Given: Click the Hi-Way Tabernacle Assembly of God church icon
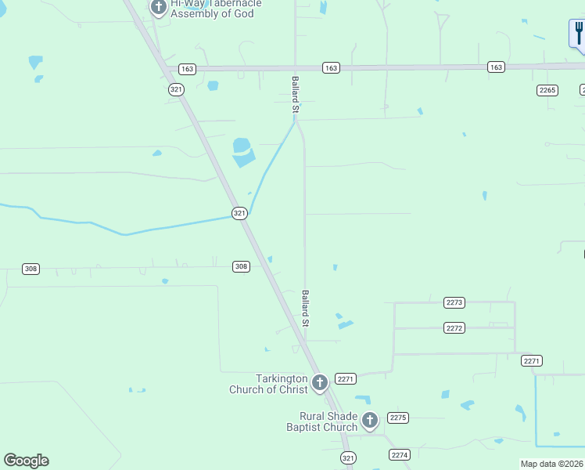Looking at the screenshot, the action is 159,9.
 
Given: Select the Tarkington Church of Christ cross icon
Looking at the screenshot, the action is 319,383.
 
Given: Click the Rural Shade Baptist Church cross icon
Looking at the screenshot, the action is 369,421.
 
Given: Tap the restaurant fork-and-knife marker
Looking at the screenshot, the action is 577,34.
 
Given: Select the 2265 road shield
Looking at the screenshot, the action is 547,90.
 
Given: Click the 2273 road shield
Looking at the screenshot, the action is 454,302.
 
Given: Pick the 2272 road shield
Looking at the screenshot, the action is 454,327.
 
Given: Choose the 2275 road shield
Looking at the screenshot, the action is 399,418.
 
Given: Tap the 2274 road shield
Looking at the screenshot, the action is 400,454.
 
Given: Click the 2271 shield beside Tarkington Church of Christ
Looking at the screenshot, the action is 346,378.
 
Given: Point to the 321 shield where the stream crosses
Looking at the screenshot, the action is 240,213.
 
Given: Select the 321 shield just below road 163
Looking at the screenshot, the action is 176,89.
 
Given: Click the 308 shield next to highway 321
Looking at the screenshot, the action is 241,266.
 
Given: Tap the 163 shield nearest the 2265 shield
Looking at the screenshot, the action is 496,67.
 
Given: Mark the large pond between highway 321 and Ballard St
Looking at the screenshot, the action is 242,152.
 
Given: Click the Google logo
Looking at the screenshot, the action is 26,461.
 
